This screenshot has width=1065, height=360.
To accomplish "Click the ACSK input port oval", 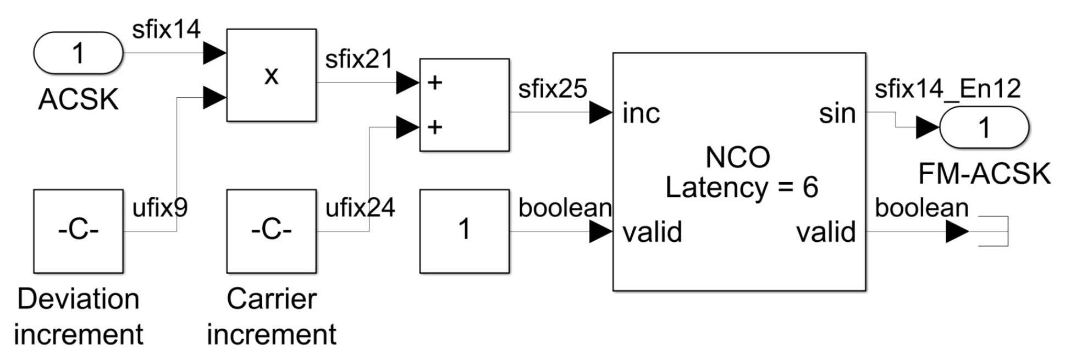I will (78, 53).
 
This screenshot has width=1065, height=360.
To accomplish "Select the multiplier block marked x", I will (271, 75).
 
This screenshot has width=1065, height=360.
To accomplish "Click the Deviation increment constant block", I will (78, 231).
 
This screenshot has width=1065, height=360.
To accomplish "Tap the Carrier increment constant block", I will (271, 231).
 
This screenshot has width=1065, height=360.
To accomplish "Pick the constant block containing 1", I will (464, 231).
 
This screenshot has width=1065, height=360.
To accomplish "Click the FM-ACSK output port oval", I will (984, 128).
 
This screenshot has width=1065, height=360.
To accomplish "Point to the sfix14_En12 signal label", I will (947, 88).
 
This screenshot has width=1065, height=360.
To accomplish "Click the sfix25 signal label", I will (552, 88).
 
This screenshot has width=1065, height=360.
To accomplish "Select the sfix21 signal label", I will (358, 59).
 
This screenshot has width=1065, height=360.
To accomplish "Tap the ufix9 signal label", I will (159, 208).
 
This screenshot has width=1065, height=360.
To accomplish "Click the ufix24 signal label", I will (360, 208).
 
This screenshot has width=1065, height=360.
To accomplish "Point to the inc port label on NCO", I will (641, 114).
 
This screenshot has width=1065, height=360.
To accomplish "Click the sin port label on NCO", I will (837, 114).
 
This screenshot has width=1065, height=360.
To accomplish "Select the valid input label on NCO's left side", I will (652, 232).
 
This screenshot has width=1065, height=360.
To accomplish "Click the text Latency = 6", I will (741, 187).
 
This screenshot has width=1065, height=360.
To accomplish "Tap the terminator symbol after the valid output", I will (994, 231).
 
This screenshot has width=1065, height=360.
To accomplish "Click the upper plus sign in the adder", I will (434, 83).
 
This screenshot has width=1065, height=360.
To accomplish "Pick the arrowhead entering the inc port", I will (600, 113).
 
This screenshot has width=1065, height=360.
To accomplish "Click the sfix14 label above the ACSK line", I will (166, 29).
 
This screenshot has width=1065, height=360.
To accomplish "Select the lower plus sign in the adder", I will (434, 128).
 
